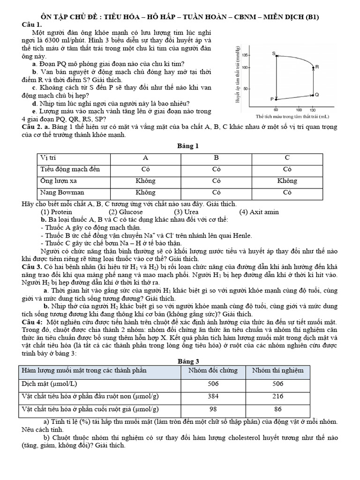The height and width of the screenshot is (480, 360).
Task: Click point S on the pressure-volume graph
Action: tap(274, 54)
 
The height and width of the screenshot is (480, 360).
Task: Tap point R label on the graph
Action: tap(317, 67)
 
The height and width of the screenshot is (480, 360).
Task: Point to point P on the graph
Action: tap(272, 99)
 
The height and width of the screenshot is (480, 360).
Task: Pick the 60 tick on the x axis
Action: tap(276, 109)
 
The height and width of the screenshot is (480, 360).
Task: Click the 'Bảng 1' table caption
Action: tap(187, 146)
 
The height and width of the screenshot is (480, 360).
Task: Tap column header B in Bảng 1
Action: tap(216, 158)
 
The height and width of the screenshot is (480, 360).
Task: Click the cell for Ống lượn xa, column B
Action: tap(216, 180)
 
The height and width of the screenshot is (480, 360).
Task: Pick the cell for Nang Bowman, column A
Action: tap(145, 192)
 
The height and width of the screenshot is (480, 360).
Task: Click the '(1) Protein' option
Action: tap(56, 212)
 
